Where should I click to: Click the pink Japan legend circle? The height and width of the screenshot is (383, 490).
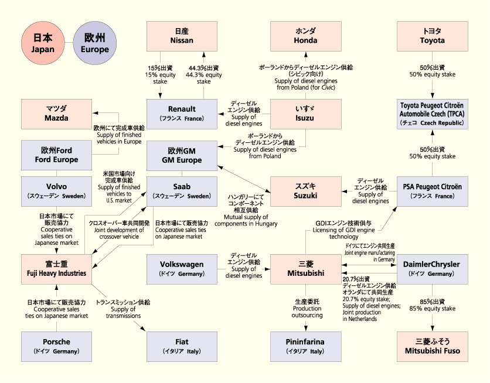[x=42, y=44]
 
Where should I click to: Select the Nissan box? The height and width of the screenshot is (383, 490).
[x=182, y=36]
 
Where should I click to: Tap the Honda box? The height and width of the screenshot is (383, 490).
[x=305, y=36]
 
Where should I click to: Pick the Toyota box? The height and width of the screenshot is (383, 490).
[x=432, y=36]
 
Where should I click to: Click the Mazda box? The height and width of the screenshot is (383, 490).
[x=57, y=114]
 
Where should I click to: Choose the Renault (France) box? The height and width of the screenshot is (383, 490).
[x=182, y=114]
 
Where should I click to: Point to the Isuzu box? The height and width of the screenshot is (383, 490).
[x=305, y=114]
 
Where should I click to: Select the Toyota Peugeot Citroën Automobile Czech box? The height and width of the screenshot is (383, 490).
[x=432, y=114]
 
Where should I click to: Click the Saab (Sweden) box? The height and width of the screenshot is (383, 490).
[x=182, y=191]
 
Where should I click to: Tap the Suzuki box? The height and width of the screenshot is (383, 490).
[x=305, y=191]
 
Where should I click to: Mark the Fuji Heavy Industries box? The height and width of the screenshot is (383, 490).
[x=57, y=269]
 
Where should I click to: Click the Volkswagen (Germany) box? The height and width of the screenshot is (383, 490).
[x=182, y=269]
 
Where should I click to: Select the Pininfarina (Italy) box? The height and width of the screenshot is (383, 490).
[x=305, y=346]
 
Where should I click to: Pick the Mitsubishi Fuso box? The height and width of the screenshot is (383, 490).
[x=432, y=346]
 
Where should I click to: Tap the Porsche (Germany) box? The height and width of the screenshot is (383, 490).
[x=57, y=346]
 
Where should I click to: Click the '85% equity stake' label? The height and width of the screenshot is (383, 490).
[x=432, y=305]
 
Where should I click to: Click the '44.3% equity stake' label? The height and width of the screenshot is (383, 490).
[x=204, y=74]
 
